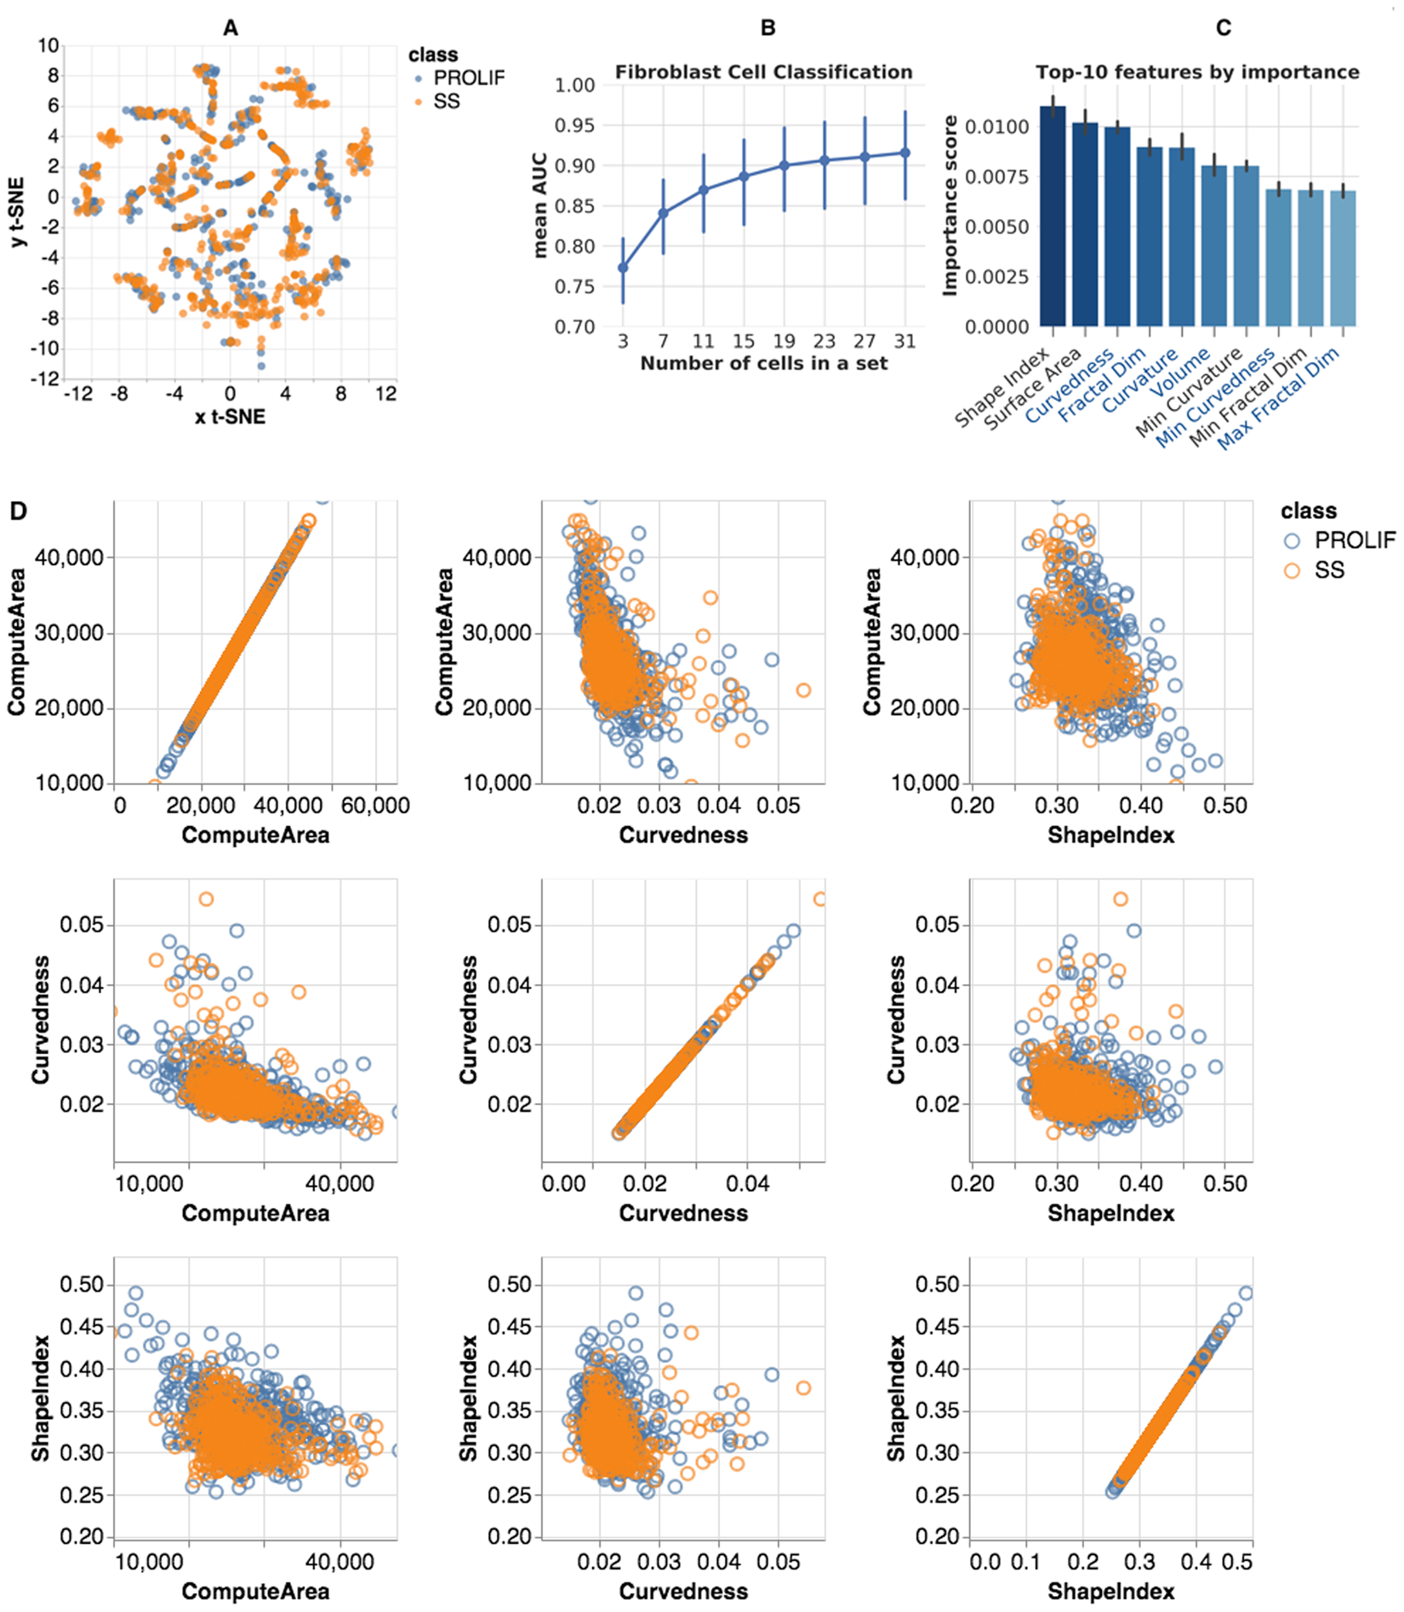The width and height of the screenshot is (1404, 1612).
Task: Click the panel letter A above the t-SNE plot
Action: tap(230, 28)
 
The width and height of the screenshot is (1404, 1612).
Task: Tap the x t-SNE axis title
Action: tap(230, 417)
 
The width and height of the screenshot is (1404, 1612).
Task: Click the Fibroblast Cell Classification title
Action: tap(763, 72)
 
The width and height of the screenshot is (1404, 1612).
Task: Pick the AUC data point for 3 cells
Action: tap(623, 268)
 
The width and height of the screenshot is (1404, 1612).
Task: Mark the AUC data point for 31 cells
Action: tap(905, 153)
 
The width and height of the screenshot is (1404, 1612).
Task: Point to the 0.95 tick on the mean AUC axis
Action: tap(574, 126)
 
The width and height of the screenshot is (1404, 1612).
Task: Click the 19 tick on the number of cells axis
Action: tap(784, 342)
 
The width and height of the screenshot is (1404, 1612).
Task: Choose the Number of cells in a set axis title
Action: tap(763, 364)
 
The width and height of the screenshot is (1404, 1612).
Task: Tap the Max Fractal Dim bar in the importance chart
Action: tap(1344, 259)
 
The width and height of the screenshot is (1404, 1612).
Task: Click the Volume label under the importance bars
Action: tap(1180, 373)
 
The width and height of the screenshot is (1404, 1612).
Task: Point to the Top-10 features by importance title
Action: tap(1197, 72)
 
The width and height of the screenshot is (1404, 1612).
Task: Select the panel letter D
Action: tap(18, 510)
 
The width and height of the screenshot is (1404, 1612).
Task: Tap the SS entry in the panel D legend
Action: tap(1328, 571)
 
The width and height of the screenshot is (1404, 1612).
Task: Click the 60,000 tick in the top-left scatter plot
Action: tap(374, 806)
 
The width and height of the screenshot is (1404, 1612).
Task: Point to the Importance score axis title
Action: tap(950, 207)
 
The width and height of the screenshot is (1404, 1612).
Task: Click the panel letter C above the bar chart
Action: tap(1223, 28)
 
